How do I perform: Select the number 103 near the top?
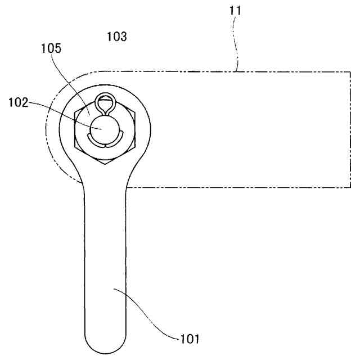coord(117,37)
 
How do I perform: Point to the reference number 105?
coord(51,49)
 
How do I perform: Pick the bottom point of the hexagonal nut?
coord(105,165)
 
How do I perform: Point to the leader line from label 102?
coord(62,112)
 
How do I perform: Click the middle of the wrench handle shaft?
coord(105,253)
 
